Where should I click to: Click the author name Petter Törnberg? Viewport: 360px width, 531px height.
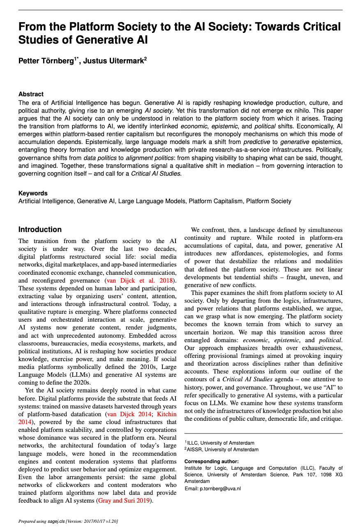(46, 61)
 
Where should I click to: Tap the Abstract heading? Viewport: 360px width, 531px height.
(31, 94)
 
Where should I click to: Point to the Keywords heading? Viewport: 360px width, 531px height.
(33, 193)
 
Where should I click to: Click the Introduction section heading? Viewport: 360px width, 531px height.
(40, 230)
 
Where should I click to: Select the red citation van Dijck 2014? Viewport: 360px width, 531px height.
(128, 414)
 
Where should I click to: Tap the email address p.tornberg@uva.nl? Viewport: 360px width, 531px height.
(220, 489)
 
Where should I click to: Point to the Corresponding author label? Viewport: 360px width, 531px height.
(211, 461)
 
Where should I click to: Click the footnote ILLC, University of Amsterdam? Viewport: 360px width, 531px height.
(220, 443)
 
